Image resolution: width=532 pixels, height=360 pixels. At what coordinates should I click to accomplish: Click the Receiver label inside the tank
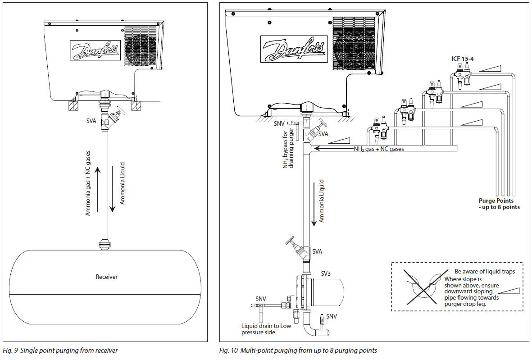pyautogui.click(x=106, y=277)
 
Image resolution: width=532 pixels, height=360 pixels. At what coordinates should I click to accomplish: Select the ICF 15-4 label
pyautogui.click(x=462, y=59)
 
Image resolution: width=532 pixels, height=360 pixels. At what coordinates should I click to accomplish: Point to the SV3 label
pyautogui.click(x=326, y=273)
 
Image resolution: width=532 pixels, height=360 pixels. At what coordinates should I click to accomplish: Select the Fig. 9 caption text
pyautogui.click(x=60, y=351)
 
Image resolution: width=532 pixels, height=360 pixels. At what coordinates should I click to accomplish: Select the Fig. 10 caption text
pyautogui.click(x=298, y=351)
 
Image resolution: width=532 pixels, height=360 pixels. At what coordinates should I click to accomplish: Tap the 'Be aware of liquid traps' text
pyautogui.click(x=484, y=271)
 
